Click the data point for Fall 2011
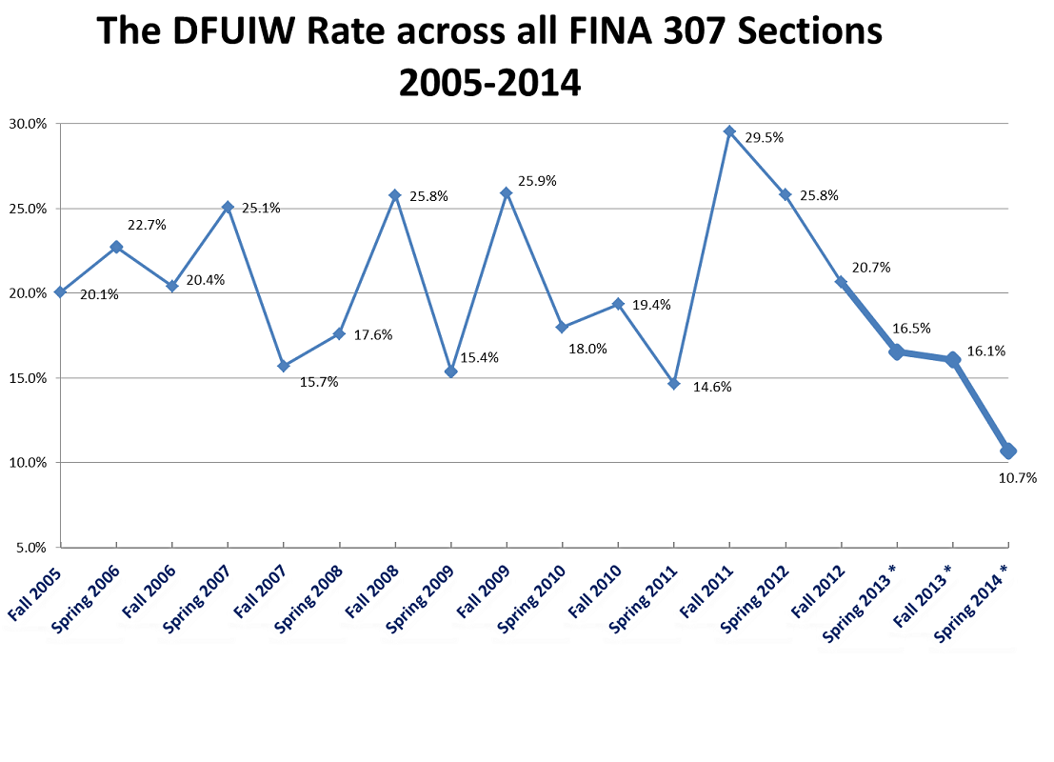click(x=729, y=131)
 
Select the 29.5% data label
click(x=765, y=138)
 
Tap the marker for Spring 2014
click(x=1008, y=451)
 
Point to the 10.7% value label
click(x=1017, y=478)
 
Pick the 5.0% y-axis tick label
click(x=31, y=548)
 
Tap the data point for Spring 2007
click(x=228, y=207)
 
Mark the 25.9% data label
click(x=537, y=181)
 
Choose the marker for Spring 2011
click(x=673, y=384)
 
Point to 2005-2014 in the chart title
click(x=489, y=83)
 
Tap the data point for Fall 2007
click(x=283, y=366)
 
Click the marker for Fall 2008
click(x=395, y=195)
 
